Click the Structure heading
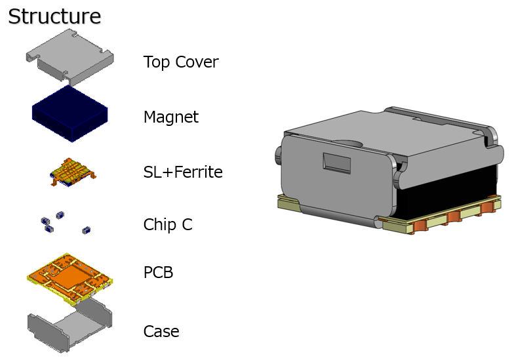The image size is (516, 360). pyautogui.click(x=54, y=16)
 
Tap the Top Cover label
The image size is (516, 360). pyautogui.click(x=180, y=62)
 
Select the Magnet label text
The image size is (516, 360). pyautogui.click(x=170, y=117)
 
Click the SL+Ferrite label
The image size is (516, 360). pyautogui.click(x=183, y=172)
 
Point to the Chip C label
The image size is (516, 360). pyautogui.click(x=168, y=225)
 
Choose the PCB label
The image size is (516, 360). pyautogui.click(x=158, y=272)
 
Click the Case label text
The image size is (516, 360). pyautogui.click(x=161, y=331)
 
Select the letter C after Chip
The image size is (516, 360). pyautogui.click(x=187, y=225)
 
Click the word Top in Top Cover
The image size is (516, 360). pyautogui.click(x=155, y=62)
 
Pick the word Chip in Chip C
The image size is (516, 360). pyautogui.click(x=159, y=225)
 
